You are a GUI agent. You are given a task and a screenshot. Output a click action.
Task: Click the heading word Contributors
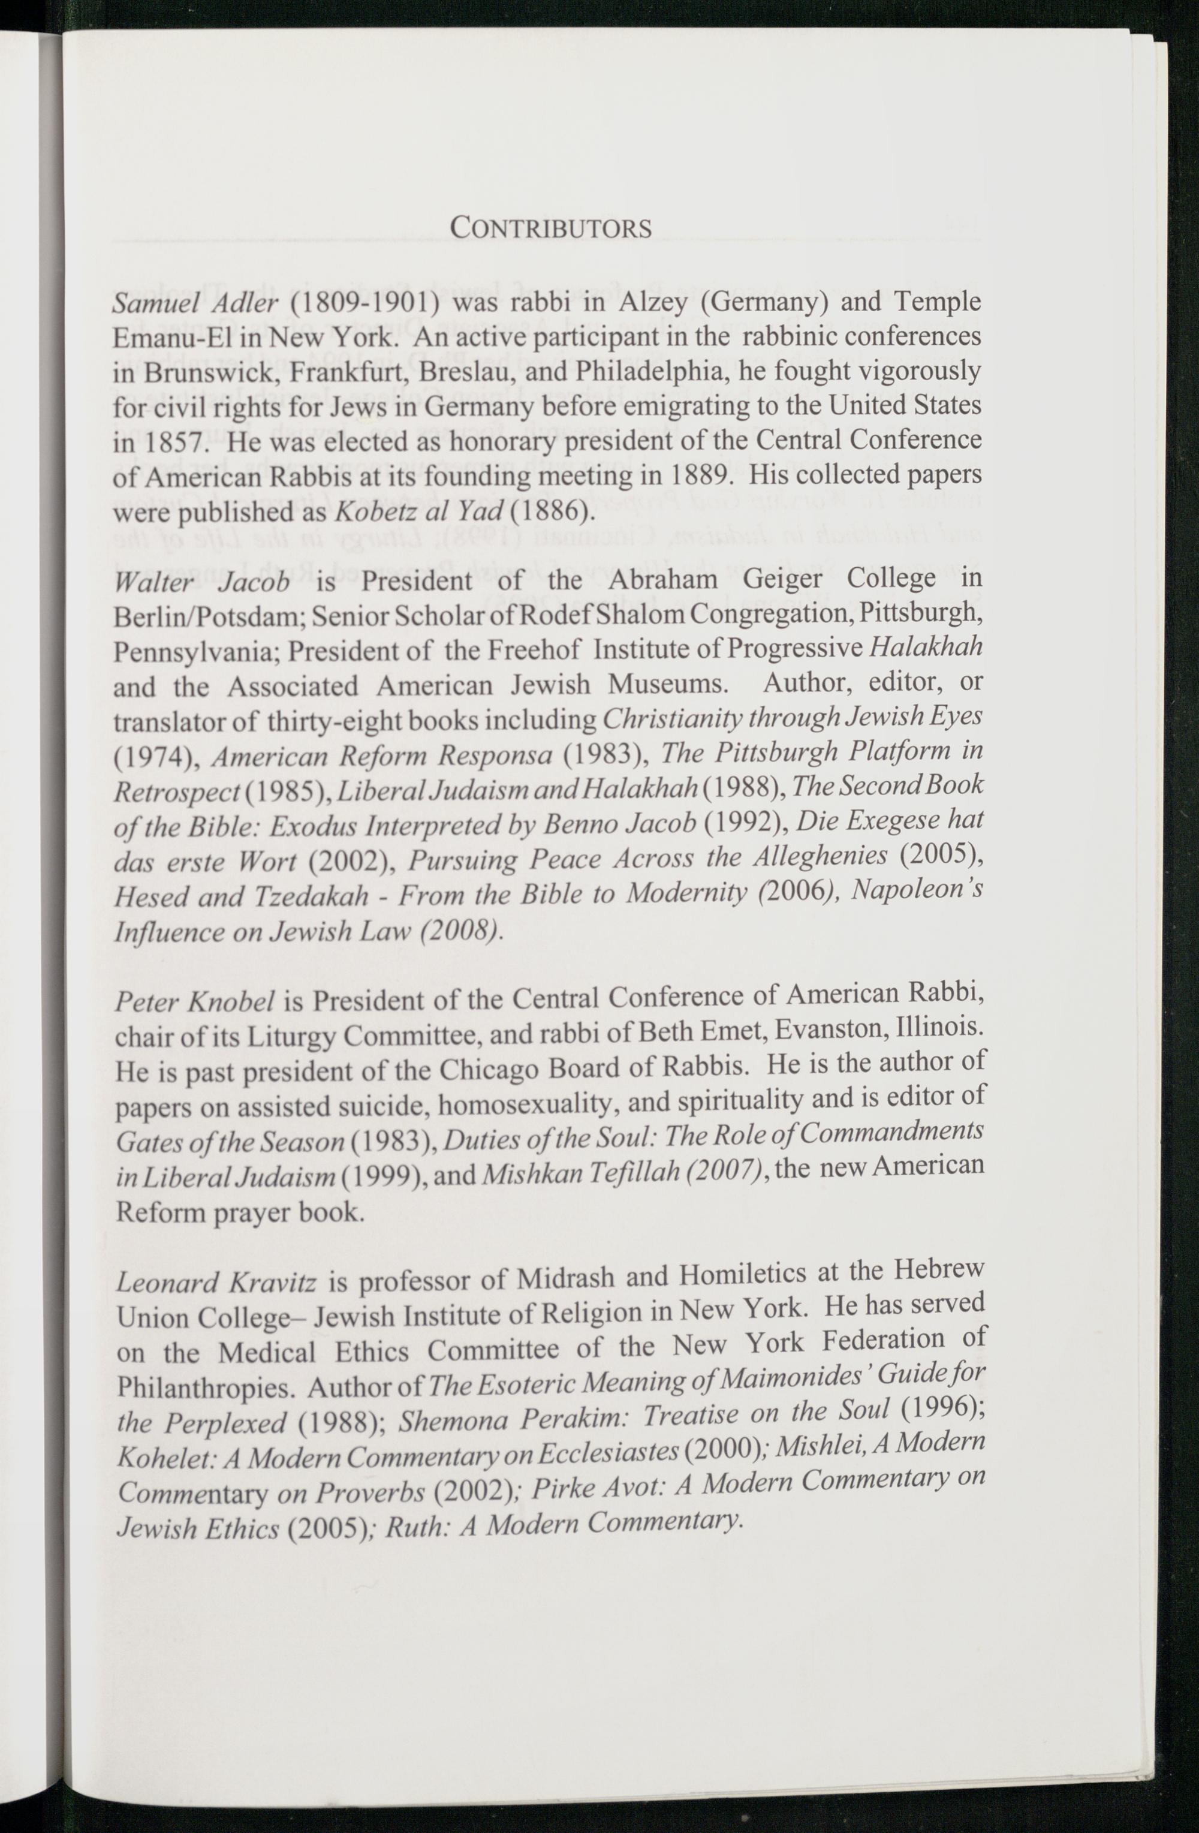[x=550, y=228]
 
